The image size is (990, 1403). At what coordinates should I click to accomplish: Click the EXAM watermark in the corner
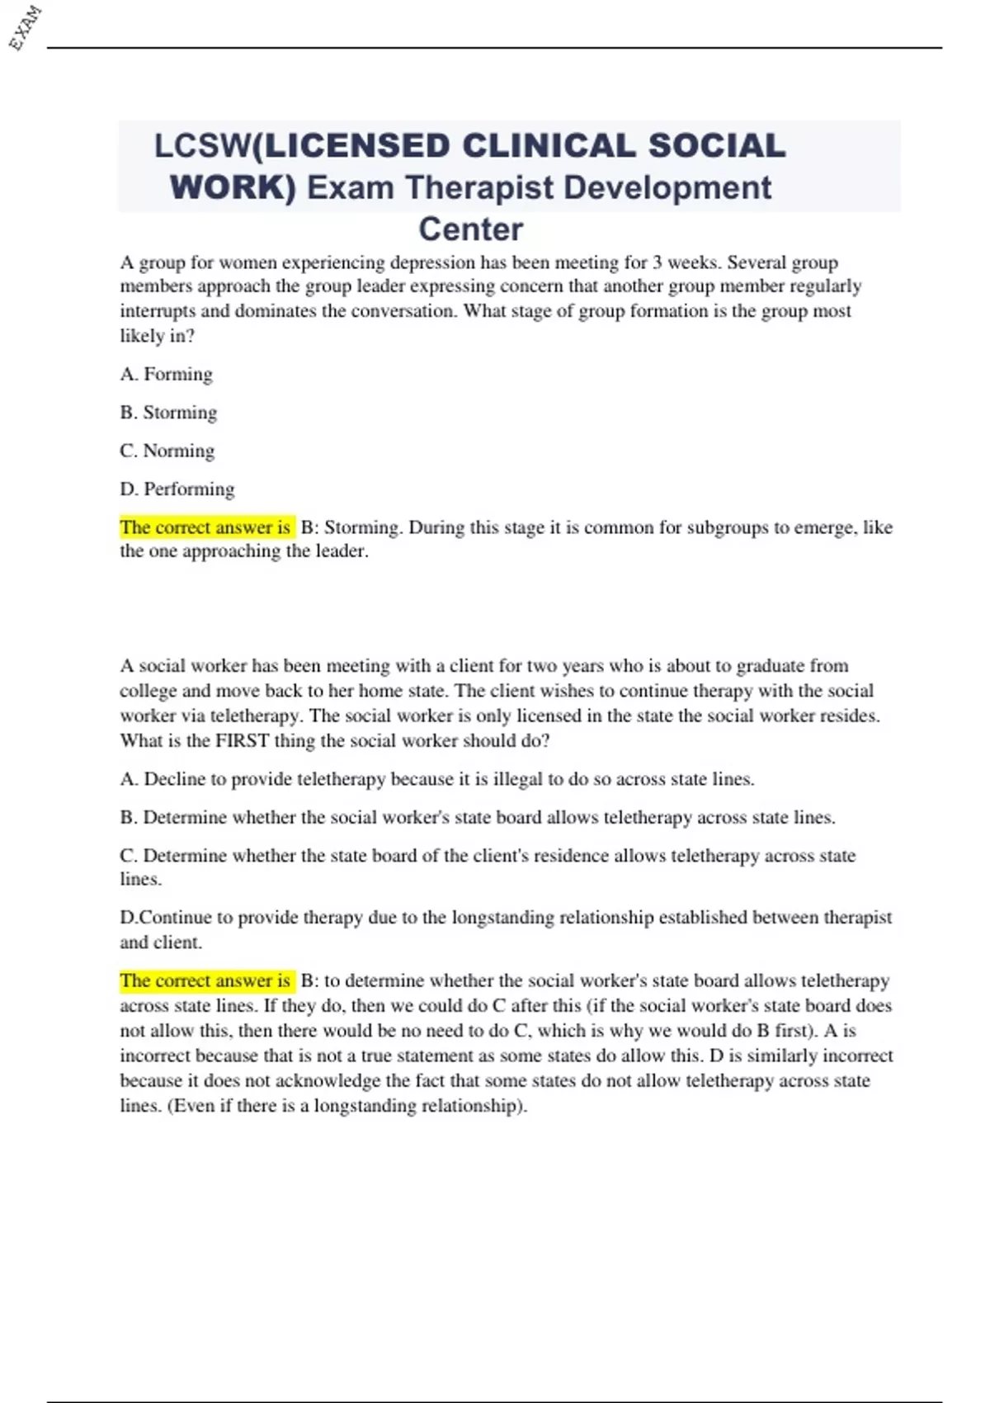[x=25, y=27]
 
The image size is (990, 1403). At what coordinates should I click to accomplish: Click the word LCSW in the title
[x=200, y=146]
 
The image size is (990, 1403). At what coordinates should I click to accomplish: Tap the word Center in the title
[x=470, y=229]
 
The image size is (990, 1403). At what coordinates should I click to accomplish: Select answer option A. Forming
[x=166, y=375]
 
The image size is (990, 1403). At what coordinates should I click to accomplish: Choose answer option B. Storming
[x=168, y=413]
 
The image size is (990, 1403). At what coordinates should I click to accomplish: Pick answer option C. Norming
[x=167, y=451]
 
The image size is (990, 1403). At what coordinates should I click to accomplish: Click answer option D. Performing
[x=177, y=489]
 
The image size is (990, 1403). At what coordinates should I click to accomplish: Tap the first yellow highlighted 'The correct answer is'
[x=205, y=527]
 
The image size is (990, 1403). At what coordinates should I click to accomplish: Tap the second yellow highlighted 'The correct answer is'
[x=205, y=980]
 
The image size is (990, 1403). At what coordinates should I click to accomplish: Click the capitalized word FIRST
[x=242, y=740]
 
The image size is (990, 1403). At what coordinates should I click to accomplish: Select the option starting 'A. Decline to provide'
[x=436, y=779]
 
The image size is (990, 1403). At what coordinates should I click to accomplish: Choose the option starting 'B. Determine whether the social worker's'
[x=477, y=817]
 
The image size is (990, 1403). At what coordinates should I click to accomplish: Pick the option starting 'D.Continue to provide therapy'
[x=505, y=918]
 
